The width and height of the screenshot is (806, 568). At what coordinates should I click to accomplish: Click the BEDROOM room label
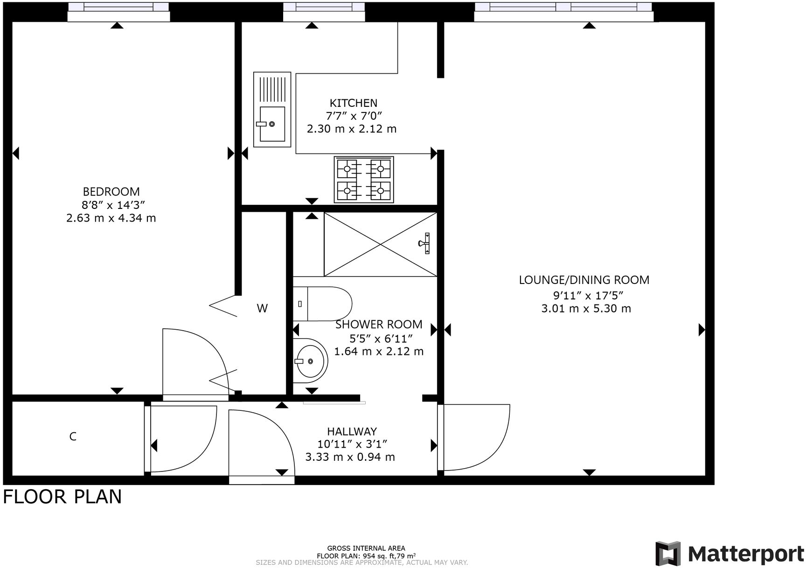[x=111, y=192]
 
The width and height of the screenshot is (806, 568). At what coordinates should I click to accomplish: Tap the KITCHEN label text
[x=354, y=103]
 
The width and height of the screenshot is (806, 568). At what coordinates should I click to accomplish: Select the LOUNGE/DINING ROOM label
[x=584, y=280]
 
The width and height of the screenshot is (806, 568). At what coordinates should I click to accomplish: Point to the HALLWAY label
[x=352, y=431]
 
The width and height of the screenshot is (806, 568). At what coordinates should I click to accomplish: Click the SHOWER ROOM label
[x=379, y=324]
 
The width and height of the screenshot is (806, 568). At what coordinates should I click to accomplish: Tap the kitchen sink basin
[x=272, y=124]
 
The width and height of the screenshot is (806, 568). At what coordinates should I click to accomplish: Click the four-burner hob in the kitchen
[x=364, y=180]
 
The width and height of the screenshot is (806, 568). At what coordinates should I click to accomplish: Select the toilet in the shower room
[x=322, y=304]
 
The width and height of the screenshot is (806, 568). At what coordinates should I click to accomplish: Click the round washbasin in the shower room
[x=310, y=360]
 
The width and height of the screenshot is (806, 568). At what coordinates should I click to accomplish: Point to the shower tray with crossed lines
[x=381, y=244]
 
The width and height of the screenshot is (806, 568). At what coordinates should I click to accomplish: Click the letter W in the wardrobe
[x=262, y=308]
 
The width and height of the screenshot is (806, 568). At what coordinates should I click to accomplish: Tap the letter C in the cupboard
[x=73, y=436]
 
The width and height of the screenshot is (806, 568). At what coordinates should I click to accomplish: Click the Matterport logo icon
[x=668, y=554]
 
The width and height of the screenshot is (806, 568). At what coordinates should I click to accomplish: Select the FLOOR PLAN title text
[x=62, y=497]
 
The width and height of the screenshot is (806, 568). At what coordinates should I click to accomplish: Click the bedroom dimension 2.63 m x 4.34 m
[x=111, y=218]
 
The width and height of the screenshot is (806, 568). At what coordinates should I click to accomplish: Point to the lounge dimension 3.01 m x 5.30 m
[x=586, y=308]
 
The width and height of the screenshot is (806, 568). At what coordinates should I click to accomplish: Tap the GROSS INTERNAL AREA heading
[x=366, y=548]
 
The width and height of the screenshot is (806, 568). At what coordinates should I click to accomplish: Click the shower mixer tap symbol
[x=425, y=243]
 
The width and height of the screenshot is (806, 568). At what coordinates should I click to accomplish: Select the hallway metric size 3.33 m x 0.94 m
[x=350, y=457]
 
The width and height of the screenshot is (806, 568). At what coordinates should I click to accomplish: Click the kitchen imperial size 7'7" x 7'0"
[x=354, y=116]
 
